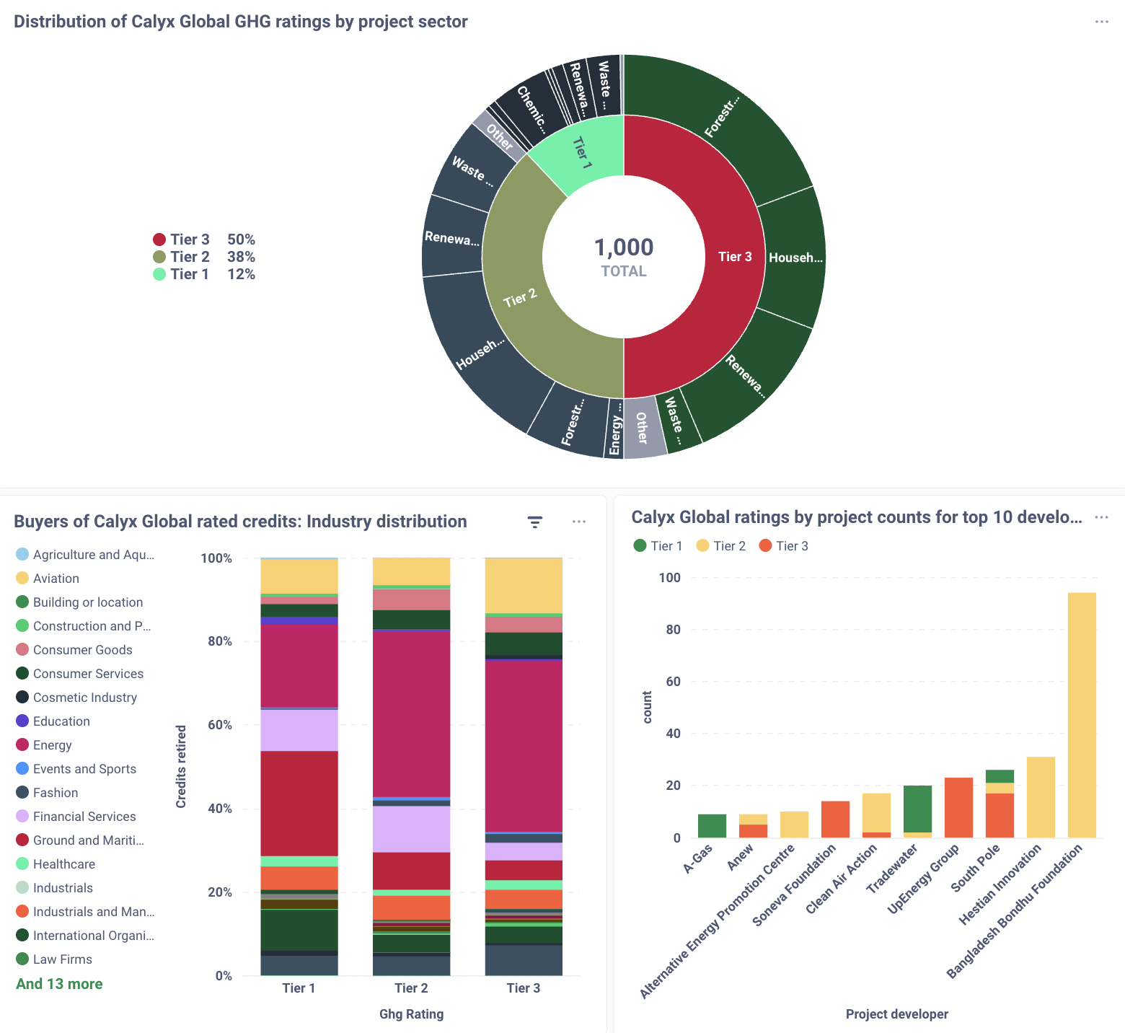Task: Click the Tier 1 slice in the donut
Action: tap(581, 154)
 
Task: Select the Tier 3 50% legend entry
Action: tap(203, 239)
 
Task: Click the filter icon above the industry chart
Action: tap(534, 522)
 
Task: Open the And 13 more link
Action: tap(59, 984)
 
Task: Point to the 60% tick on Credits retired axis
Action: tap(219, 725)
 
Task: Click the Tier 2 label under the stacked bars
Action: tap(411, 988)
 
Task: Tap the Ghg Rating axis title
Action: tap(411, 1014)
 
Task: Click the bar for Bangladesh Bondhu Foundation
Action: tap(1082, 714)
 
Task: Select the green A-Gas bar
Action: tap(712, 826)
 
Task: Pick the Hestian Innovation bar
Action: tap(1041, 797)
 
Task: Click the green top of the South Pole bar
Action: tap(1000, 776)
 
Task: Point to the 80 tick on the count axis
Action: tap(673, 630)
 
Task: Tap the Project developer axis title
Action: tap(896, 1014)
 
